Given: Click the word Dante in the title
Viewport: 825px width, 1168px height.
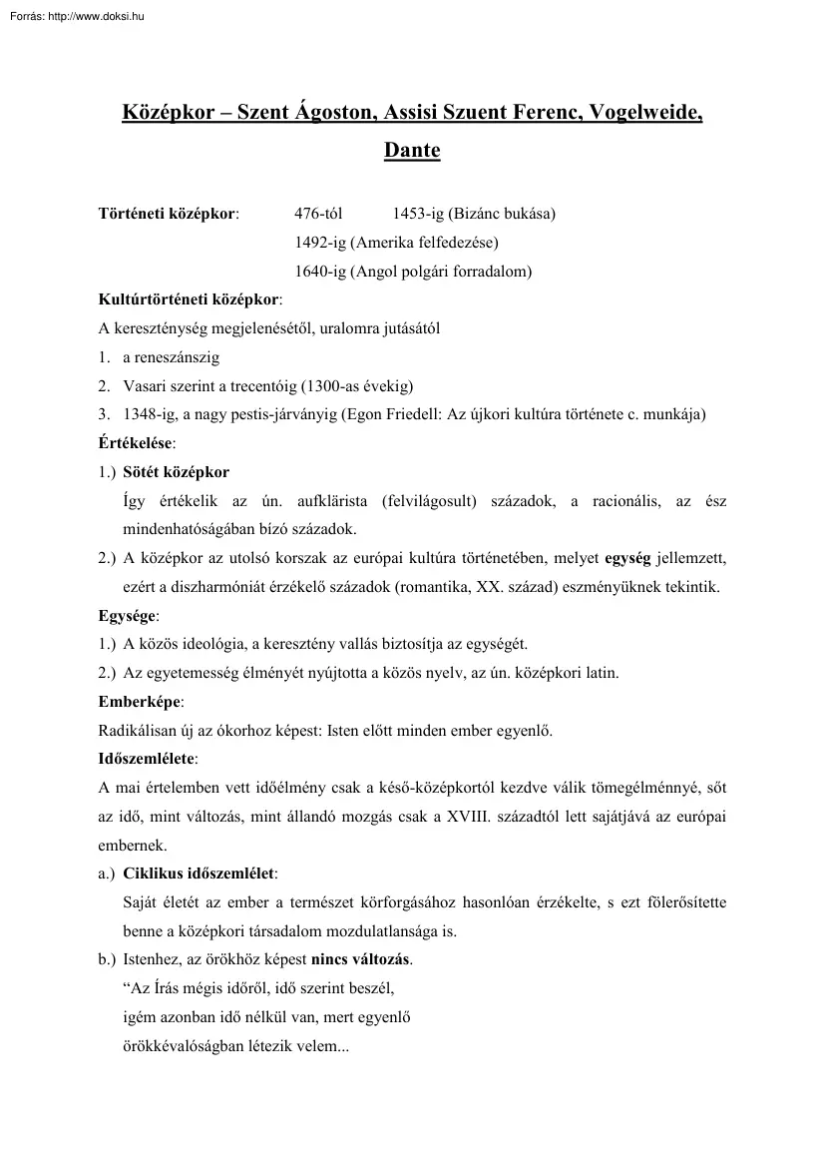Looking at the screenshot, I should tap(412, 152).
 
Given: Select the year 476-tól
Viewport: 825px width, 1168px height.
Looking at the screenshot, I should tap(318, 214).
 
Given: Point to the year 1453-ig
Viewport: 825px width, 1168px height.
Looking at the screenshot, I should tap(418, 214).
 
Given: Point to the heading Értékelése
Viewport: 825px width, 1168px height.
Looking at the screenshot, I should tap(135, 443).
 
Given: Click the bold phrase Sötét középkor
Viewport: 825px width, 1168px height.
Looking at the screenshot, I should tap(176, 472).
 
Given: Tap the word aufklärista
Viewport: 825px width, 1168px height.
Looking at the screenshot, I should tap(334, 501).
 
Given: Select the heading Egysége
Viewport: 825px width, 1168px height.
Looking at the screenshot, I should tap(127, 616).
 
